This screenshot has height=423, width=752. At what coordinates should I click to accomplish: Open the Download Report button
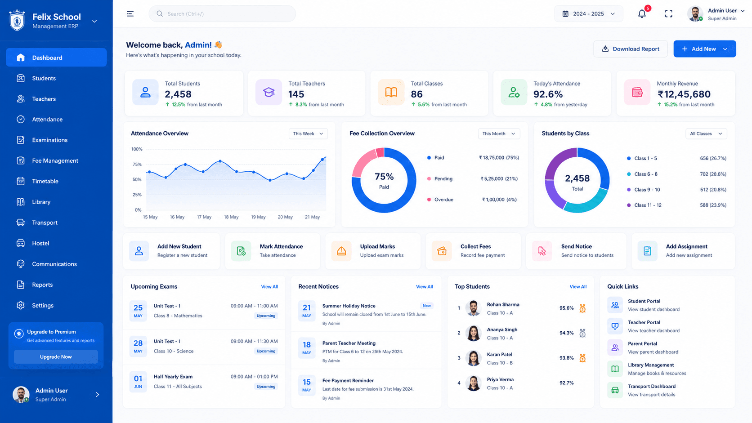tap(631, 49)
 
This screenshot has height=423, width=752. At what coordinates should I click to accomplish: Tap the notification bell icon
tap(642, 14)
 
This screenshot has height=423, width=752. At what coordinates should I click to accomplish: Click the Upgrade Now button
tap(56, 356)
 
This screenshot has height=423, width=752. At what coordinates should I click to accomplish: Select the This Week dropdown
tap(308, 134)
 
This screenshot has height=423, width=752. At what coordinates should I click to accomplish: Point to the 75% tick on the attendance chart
tap(137, 165)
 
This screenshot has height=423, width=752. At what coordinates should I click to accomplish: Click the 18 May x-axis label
tap(231, 217)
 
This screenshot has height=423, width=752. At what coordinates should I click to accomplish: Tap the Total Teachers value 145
tap(296, 94)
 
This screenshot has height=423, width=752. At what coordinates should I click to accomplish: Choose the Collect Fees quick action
tap(473, 251)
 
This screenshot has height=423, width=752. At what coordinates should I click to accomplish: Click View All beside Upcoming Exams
tap(269, 287)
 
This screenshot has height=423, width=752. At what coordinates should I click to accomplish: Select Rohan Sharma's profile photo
tap(473, 308)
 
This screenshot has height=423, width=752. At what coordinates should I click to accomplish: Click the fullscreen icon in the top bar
tap(668, 14)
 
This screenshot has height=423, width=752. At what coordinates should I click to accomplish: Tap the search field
tap(222, 14)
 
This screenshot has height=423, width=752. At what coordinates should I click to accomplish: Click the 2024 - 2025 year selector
tap(588, 14)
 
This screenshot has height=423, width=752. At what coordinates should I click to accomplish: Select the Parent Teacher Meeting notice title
tap(349, 343)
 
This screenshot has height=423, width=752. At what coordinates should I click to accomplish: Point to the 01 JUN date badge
tap(138, 382)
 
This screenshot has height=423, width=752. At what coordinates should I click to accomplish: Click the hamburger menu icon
tap(130, 14)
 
